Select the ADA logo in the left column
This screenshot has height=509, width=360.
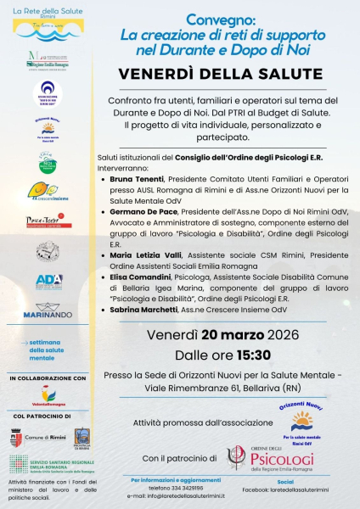[48, 280]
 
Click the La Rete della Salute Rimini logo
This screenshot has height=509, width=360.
[48, 18]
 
